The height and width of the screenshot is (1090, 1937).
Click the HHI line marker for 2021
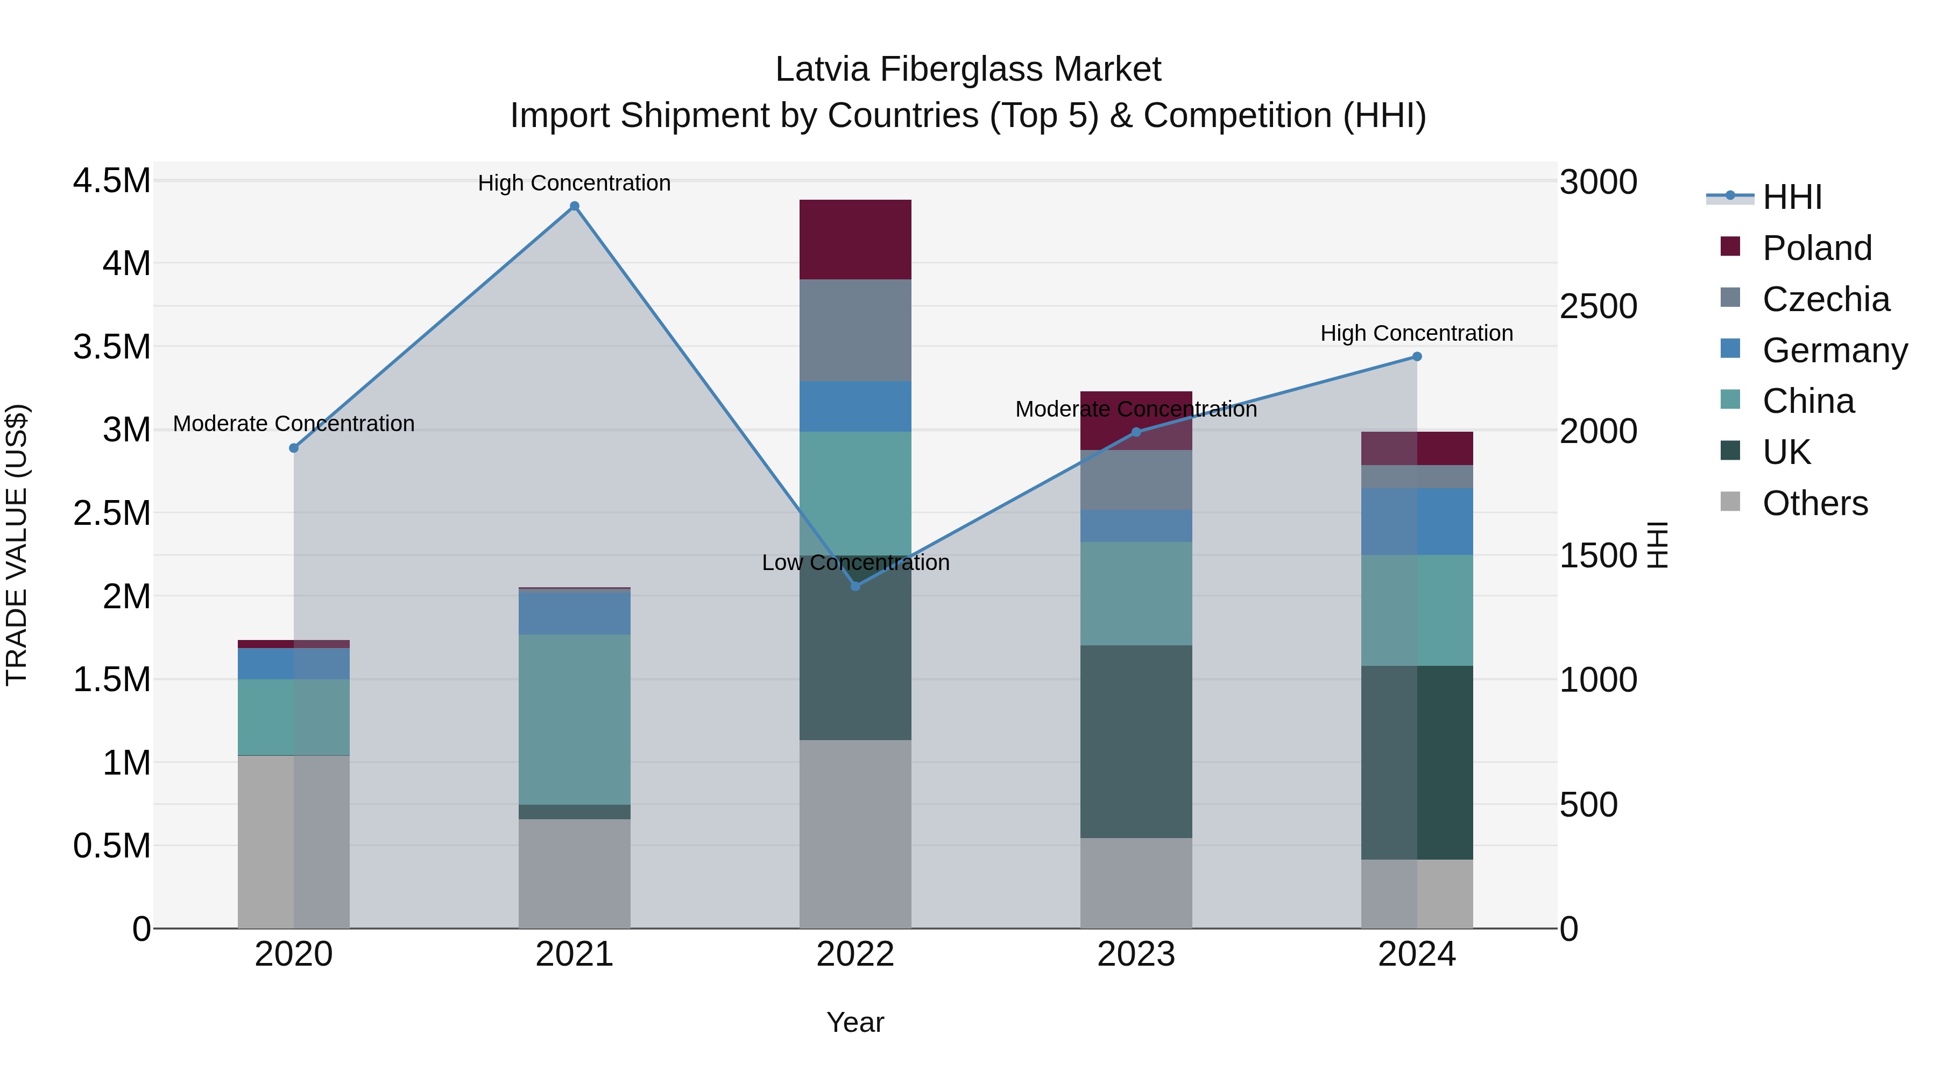tap(575, 206)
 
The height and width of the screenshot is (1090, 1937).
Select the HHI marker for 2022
tap(855, 586)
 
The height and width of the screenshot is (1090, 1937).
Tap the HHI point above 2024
tap(1417, 356)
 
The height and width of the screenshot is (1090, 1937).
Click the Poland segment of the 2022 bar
tap(855, 239)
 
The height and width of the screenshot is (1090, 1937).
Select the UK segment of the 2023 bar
tap(1135, 741)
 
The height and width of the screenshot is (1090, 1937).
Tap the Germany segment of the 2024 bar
tap(1417, 521)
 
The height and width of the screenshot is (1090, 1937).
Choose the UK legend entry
tap(1786, 452)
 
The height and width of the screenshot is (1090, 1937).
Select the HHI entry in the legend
tap(1791, 197)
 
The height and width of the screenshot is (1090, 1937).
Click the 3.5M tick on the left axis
tap(111, 347)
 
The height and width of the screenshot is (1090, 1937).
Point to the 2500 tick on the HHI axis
tap(1598, 306)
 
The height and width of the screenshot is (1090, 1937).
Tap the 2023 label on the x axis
tap(1135, 954)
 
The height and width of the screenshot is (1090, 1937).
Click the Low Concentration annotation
tap(855, 562)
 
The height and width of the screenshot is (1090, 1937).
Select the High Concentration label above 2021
tap(575, 183)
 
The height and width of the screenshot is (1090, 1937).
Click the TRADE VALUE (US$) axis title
tap(17, 545)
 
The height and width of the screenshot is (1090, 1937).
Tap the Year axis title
tap(855, 1022)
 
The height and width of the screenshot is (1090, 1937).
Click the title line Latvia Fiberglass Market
tap(968, 69)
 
